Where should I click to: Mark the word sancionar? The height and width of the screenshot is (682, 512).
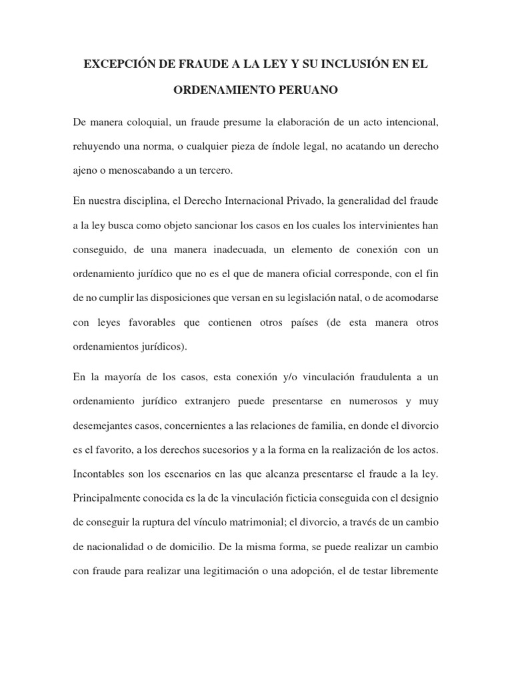(177, 224)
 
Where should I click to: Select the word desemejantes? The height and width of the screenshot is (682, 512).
(104, 425)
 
